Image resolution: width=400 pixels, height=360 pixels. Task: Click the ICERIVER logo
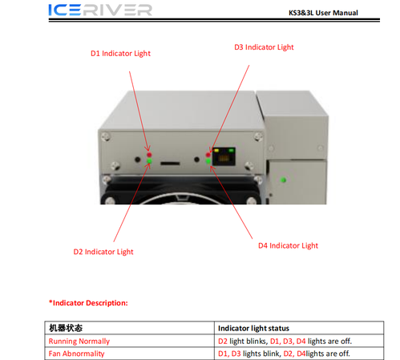100,10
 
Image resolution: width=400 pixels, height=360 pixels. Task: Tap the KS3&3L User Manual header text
323,13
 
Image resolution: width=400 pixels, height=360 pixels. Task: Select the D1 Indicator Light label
120,54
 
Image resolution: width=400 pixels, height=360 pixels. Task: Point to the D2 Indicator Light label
103,252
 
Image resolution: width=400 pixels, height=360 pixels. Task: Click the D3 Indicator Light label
264,47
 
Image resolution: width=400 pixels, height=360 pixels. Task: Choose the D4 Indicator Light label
288,245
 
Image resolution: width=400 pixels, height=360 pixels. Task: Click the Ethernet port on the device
224,156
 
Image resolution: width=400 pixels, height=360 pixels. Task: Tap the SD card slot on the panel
170,163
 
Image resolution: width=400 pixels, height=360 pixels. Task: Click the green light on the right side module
283,180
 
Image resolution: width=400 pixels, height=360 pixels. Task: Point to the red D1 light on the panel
149,155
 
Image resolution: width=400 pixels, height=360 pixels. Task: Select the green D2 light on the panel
149,160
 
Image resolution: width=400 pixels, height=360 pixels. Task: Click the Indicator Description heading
88,303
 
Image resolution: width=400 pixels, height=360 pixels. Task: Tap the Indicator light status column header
253,328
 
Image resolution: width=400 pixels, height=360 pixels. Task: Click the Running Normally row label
79,342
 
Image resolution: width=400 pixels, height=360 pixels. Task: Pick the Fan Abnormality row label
76,354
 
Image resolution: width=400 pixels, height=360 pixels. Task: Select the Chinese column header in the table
66,328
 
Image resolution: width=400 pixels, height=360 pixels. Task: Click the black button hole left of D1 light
137,160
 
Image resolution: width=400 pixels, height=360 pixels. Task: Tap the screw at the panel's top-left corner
106,136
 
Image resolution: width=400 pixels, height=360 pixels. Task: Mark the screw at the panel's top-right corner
258,136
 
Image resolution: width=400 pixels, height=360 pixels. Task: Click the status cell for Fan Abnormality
284,354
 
